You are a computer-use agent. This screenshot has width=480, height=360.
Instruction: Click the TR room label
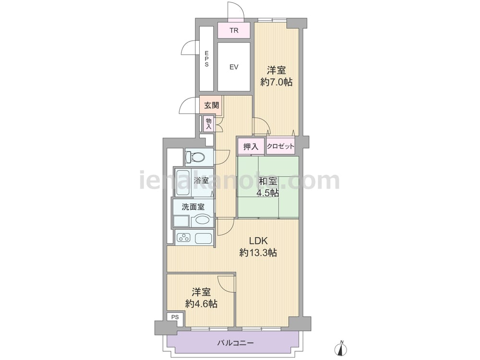click(x=234, y=31)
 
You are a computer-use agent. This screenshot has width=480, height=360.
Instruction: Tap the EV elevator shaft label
click(x=234, y=67)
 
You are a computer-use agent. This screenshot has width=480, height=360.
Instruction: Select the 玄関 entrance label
click(x=212, y=106)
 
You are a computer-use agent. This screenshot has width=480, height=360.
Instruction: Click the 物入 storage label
click(x=209, y=123)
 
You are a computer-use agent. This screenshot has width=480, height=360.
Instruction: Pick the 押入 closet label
click(x=251, y=146)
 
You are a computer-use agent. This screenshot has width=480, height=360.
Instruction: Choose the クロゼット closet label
click(x=280, y=146)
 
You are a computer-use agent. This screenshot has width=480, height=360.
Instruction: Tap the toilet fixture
click(x=195, y=157)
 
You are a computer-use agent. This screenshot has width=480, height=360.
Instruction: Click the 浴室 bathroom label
click(x=201, y=180)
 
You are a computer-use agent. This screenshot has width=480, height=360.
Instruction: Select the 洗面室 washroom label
click(x=193, y=207)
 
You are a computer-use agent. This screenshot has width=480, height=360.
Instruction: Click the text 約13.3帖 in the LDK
click(x=258, y=252)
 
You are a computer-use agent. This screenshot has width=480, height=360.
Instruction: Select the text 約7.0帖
click(x=276, y=82)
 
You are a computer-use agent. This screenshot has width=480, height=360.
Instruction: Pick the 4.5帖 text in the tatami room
click(x=267, y=193)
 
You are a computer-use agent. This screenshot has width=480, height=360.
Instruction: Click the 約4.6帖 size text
click(x=201, y=304)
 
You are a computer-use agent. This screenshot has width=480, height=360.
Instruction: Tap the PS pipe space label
click(x=175, y=317)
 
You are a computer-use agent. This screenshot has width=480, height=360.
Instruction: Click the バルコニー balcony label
click(x=235, y=343)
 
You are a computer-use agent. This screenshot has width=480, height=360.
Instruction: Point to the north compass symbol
click(x=342, y=348)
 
